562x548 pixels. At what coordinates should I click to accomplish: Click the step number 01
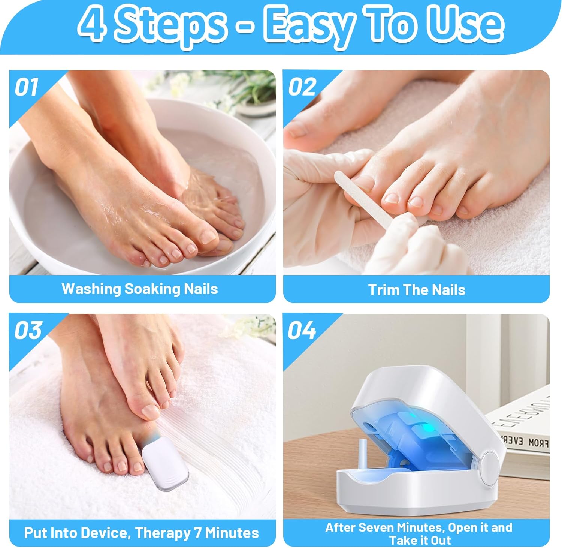[26, 87]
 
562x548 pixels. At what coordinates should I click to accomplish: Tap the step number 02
[302, 87]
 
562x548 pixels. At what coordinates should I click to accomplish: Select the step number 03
[28, 330]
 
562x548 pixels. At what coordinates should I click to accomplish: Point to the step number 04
[302, 330]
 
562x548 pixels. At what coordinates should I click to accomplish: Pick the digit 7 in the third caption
[198, 533]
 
